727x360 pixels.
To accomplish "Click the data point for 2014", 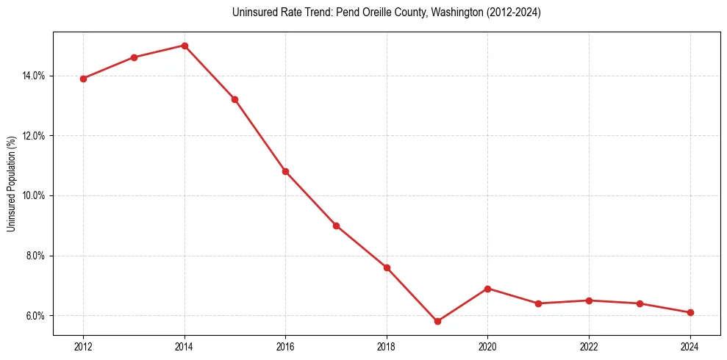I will pyautogui.click(x=185, y=46).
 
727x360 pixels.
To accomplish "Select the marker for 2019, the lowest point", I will pyautogui.click(x=437, y=321).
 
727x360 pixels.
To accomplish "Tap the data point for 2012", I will pyautogui.click(x=83, y=79).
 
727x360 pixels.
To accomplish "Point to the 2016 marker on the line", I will pyautogui.click(x=285, y=171).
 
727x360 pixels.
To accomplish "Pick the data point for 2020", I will pyautogui.click(x=488, y=289).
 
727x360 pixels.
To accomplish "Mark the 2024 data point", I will pyautogui.click(x=690, y=312).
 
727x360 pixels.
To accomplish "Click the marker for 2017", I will pyautogui.click(x=336, y=226).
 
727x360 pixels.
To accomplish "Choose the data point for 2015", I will pyautogui.click(x=235, y=99).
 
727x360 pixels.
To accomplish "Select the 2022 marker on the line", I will pyautogui.click(x=589, y=300).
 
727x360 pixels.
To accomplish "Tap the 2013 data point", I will pyautogui.click(x=134, y=57).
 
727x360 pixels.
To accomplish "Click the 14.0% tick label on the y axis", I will pyautogui.click(x=35, y=76).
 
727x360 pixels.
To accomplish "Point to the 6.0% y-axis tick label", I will pyautogui.click(x=35, y=316).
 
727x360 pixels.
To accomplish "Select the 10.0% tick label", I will pyautogui.click(x=35, y=196).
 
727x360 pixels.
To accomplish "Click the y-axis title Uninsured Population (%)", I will pyautogui.click(x=11, y=184).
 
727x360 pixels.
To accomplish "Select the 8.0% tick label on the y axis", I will pyautogui.click(x=35, y=256).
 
